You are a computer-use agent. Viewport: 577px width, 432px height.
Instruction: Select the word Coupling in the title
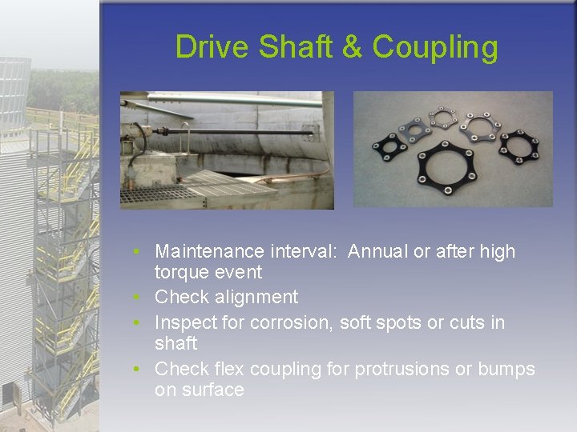(434, 49)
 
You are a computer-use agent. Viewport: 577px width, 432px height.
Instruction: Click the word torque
(179, 273)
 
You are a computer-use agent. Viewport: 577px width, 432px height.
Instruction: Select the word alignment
(258, 298)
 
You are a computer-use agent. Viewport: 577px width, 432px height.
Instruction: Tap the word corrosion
(292, 322)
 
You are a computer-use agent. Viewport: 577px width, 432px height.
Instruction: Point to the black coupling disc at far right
(519, 144)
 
